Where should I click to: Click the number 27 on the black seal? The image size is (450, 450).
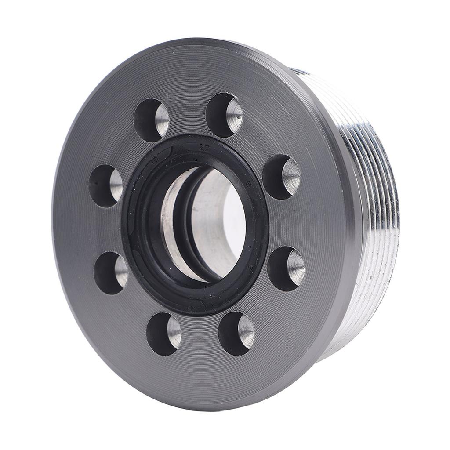click(x=203, y=148)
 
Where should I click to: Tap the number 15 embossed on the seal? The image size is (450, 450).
click(x=155, y=161)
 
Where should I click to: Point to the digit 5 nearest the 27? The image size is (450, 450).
click(x=248, y=185)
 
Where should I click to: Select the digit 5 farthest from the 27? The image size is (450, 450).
click(x=250, y=266)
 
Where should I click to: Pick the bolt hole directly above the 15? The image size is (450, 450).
click(x=151, y=120)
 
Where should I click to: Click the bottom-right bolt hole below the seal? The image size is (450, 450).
click(x=236, y=333)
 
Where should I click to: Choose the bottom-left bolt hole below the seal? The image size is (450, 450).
click(x=163, y=334)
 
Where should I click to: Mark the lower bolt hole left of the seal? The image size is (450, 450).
click(x=110, y=273)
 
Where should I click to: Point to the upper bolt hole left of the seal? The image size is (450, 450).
click(x=105, y=185)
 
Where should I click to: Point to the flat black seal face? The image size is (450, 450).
click(x=141, y=264)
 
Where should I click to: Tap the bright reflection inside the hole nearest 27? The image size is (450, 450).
click(x=234, y=115)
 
